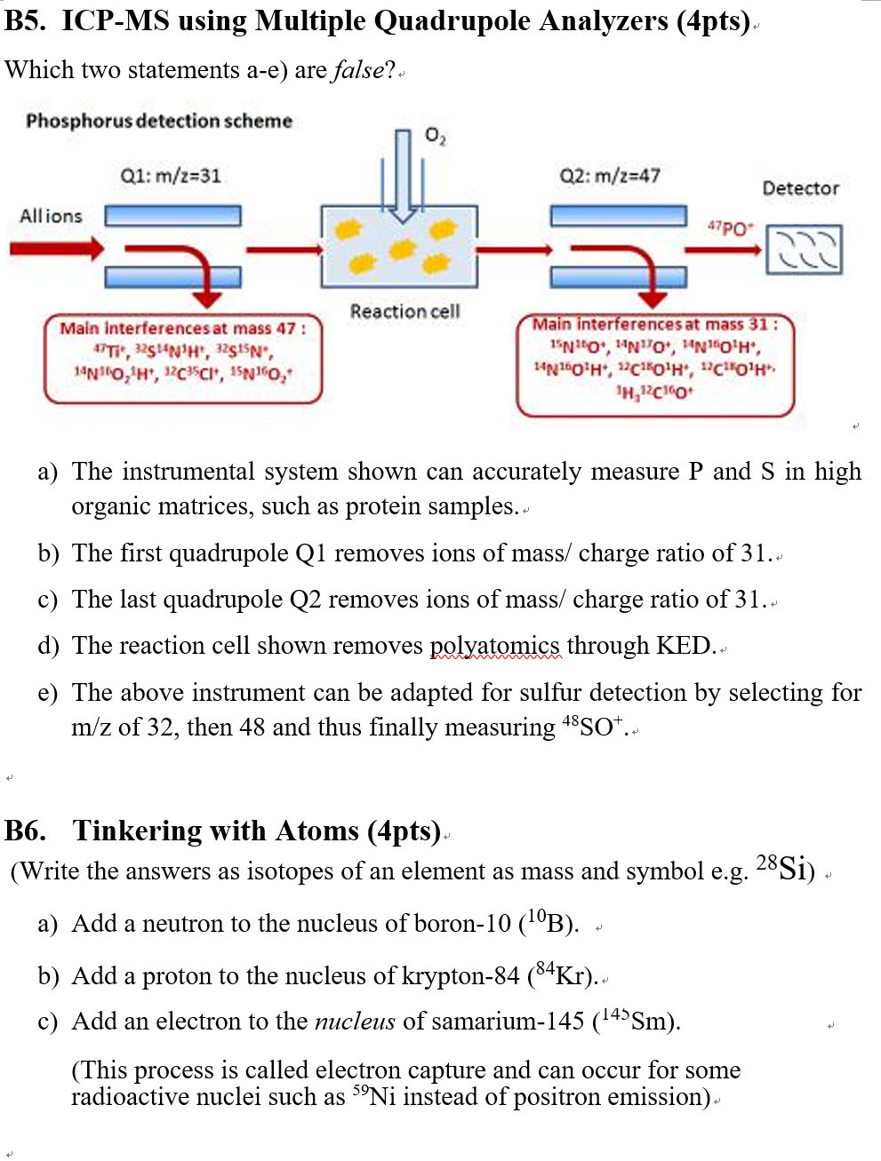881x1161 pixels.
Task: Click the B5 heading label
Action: [26, 20]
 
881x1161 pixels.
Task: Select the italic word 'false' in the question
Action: [358, 70]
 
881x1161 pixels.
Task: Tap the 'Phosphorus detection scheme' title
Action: [159, 121]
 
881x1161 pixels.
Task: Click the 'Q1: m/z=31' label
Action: [171, 176]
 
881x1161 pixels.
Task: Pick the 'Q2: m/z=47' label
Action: [610, 176]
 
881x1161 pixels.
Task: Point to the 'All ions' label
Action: [52, 216]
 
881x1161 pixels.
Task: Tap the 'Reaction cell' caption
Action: [404, 311]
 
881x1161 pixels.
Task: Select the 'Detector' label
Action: [800, 188]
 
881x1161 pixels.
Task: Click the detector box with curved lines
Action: [804, 250]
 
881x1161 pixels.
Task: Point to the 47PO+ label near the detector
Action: [731, 228]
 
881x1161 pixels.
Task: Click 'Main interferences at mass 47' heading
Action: [182, 329]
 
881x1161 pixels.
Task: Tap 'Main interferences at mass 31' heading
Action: [654, 324]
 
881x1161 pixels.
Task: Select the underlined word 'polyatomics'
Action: [495, 646]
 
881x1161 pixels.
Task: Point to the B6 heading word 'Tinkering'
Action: [137, 831]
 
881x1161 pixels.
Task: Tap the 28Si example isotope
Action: [782, 868]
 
